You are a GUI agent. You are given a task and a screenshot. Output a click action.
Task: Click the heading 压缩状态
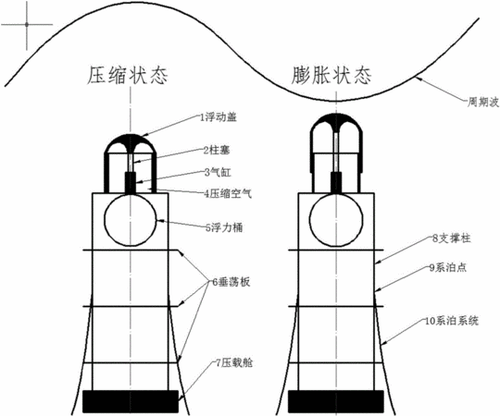point(128,76)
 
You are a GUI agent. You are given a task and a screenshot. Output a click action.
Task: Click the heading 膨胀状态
point(331,76)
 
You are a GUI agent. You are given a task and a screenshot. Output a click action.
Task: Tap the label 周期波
point(482,103)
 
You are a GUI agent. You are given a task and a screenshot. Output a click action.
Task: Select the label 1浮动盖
point(219,117)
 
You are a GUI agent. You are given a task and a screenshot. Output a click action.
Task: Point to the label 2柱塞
point(217,151)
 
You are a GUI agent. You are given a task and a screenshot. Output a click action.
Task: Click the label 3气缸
point(218,173)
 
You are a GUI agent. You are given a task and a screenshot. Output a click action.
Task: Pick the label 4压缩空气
point(228,193)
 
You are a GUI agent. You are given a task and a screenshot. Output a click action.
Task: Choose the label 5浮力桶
point(224,227)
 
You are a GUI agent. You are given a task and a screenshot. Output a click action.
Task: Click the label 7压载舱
point(234,363)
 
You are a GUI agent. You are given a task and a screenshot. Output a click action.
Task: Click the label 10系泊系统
point(452,321)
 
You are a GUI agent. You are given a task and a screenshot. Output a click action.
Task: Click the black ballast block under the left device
point(131,401)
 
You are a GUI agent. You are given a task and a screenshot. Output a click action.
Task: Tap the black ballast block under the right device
point(336,401)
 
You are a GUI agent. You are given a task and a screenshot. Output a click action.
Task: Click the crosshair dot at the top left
point(27,24)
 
